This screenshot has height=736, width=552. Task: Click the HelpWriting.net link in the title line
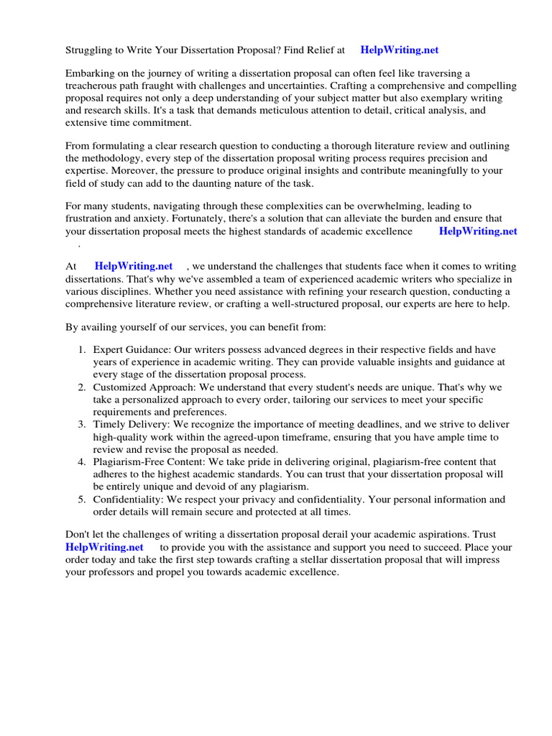pos(399,50)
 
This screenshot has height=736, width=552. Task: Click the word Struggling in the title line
pos(90,50)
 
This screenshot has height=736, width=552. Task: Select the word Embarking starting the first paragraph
pos(90,74)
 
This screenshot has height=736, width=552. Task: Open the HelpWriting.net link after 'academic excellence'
pos(477,231)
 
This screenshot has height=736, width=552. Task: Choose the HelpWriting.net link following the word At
pos(134,267)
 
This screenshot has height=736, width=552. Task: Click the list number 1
pos(82,350)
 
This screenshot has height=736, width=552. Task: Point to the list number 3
pos(82,425)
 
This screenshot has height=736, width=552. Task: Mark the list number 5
pos(82,500)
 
